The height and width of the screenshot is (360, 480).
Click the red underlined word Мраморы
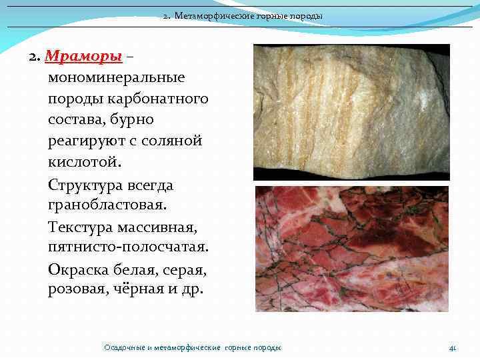pyautogui.click(x=83, y=56)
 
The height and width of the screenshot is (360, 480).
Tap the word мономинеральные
pyautogui.click(x=116, y=77)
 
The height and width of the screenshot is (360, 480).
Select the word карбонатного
pyautogui.click(x=157, y=99)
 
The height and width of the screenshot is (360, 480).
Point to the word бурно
pyautogui.click(x=131, y=120)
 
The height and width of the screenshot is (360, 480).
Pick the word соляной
pyautogui.click(x=172, y=141)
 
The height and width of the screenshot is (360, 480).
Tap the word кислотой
pyautogui.click(x=85, y=161)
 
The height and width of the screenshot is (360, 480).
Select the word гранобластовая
pyautogui.click(x=107, y=205)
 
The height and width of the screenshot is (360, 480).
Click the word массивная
pyautogui.click(x=157, y=228)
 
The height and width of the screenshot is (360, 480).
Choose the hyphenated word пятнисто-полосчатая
pyautogui.click(x=128, y=247)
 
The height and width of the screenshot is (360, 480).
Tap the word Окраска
pyautogui.click(x=79, y=270)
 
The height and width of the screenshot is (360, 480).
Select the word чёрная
pyautogui.click(x=139, y=289)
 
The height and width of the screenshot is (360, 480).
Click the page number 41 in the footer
pyautogui.click(x=453, y=348)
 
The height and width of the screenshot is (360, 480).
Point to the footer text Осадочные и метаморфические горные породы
pyautogui.click(x=193, y=348)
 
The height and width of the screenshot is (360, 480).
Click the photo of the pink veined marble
pyautogui.click(x=352, y=249)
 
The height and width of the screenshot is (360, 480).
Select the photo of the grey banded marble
pyautogui.click(x=352, y=113)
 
